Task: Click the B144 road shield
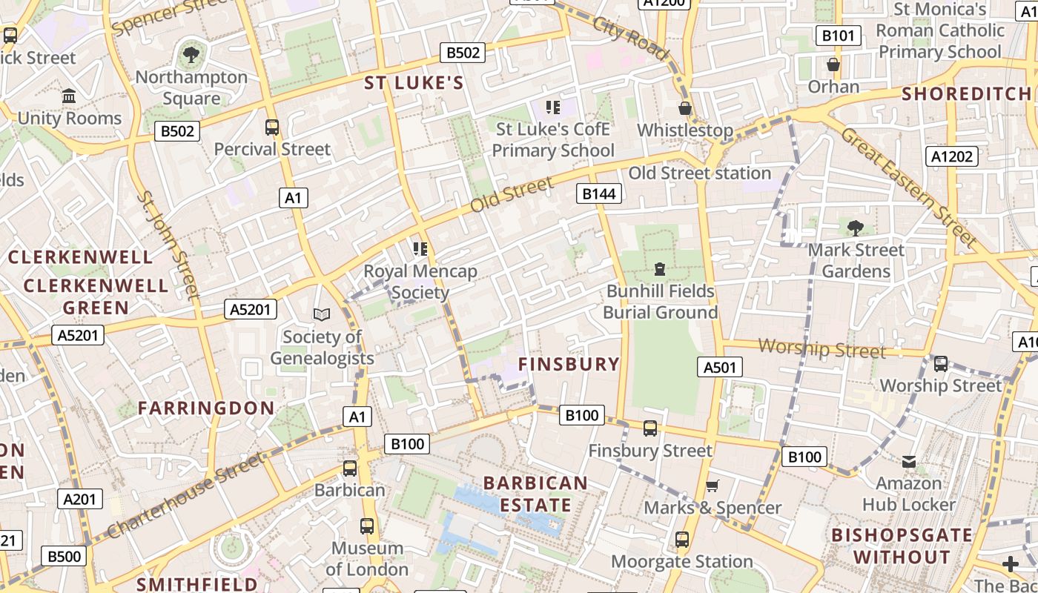[599, 194]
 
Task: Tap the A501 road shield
[719, 367]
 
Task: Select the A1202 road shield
[953, 156]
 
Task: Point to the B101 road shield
[839, 36]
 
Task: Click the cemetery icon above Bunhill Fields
[660, 269]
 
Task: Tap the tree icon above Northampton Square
[191, 54]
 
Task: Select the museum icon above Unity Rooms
[70, 96]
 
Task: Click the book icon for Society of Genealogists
[322, 315]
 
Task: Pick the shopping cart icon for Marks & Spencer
[712, 486]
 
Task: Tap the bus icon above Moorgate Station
[682, 540]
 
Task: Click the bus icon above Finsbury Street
[650, 428]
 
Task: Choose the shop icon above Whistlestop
[685, 108]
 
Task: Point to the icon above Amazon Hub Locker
[909, 462]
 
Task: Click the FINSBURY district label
[569, 364]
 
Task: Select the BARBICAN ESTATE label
[535, 494]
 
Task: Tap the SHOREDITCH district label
[966, 94]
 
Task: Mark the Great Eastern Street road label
[909, 186]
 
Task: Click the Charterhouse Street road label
[185, 496]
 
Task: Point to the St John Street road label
[169, 245]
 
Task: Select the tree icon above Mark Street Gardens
[856, 228]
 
